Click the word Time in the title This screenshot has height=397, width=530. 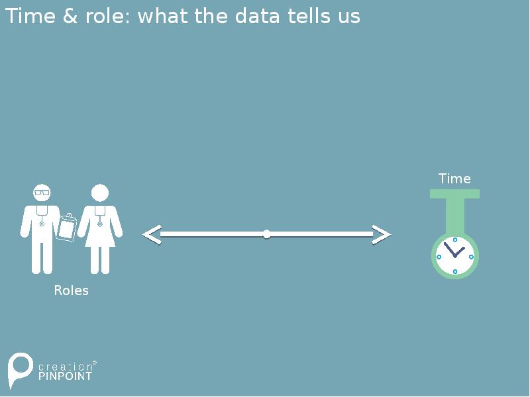(x=30, y=16)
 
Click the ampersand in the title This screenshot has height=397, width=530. (x=70, y=16)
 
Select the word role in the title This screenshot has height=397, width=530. (x=105, y=17)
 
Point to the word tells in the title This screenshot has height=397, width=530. (x=309, y=16)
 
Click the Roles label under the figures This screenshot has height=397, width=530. (x=71, y=290)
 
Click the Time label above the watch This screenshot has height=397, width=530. (x=454, y=179)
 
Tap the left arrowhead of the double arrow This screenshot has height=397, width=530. (x=152, y=234)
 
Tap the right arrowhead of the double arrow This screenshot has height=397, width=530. (x=382, y=234)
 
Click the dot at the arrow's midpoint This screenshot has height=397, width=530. (x=266, y=234)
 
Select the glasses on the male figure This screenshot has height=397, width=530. (x=42, y=193)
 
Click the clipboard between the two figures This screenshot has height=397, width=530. (x=67, y=228)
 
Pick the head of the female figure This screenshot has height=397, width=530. (x=100, y=193)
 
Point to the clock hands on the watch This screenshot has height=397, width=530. (x=454, y=251)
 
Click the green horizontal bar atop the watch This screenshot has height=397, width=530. (x=454, y=194)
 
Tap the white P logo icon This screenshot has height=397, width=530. (x=19, y=369)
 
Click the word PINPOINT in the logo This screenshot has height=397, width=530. (x=65, y=376)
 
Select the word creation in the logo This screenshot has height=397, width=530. (x=65, y=366)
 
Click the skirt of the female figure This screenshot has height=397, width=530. (x=100, y=235)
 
